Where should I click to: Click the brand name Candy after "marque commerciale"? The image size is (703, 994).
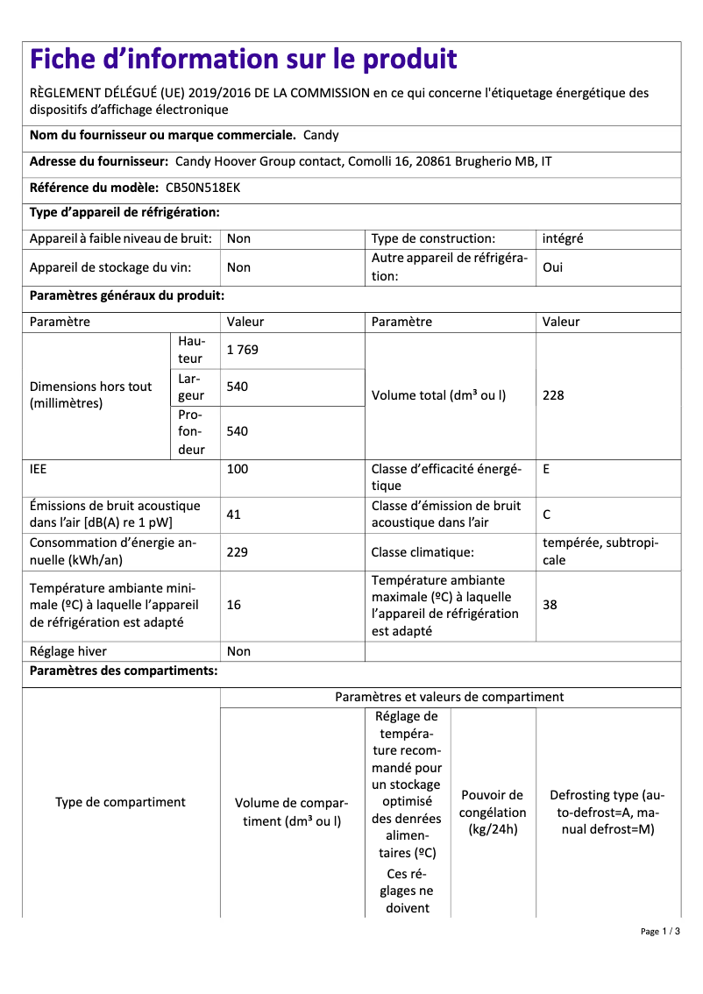321,135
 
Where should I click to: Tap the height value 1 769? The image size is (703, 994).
242,350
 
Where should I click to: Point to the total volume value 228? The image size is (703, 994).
553,395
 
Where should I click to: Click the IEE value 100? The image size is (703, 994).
238,469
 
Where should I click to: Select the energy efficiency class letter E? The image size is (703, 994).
546,469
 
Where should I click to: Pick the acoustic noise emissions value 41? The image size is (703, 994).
234,515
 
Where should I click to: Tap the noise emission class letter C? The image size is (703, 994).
547,515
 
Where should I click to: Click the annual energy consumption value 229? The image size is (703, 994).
238,552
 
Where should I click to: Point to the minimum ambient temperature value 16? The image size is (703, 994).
234,606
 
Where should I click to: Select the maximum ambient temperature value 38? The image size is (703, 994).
550,606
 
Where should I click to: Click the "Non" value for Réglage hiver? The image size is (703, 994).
238,651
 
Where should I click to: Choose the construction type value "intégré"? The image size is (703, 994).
563,238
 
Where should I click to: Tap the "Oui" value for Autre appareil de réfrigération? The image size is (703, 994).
553,267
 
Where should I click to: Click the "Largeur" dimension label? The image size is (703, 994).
190,387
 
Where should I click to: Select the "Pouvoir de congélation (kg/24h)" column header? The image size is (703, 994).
493,812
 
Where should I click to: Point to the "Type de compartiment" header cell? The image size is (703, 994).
120,802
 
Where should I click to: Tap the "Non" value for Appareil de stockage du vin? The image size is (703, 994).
238,267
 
